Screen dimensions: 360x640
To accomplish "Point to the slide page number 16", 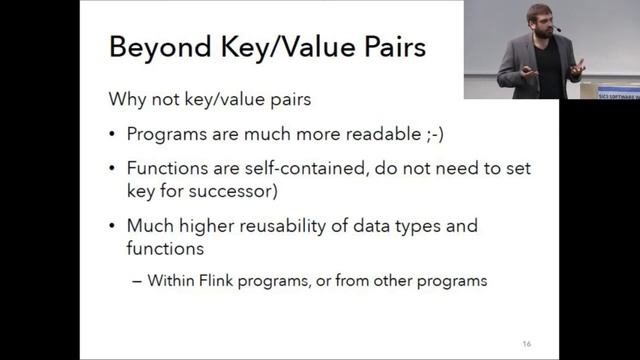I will [527, 344].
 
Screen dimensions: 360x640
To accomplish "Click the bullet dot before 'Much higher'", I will [112, 226].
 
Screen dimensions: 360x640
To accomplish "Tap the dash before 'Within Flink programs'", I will [137, 281].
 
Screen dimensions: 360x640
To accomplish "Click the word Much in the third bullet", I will [147, 225].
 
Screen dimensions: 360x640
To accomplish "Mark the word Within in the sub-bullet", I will [170, 281].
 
